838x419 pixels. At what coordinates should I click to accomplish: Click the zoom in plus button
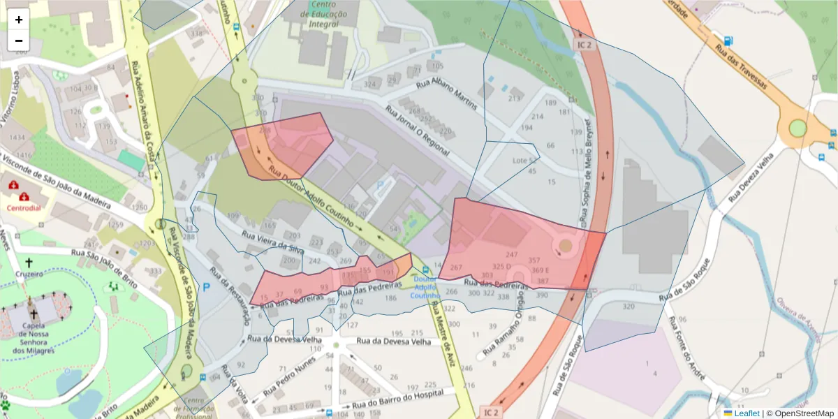[x=19, y=20]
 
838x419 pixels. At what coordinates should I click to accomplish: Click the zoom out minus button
[x=19, y=41]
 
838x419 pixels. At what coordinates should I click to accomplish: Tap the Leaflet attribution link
[x=746, y=413]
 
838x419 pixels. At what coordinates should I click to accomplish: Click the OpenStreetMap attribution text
[x=804, y=413]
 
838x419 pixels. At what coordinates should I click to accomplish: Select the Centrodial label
[x=24, y=208]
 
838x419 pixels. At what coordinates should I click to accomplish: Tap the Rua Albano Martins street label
[x=446, y=96]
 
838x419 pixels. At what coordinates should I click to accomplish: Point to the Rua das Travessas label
[x=740, y=68]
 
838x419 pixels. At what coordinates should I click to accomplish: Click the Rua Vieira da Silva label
[x=272, y=241]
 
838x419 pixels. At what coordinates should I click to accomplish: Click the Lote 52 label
[x=524, y=161]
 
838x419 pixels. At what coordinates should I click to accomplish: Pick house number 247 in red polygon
[x=512, y=255]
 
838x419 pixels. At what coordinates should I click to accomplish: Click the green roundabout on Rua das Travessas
[x=797, y=128]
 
